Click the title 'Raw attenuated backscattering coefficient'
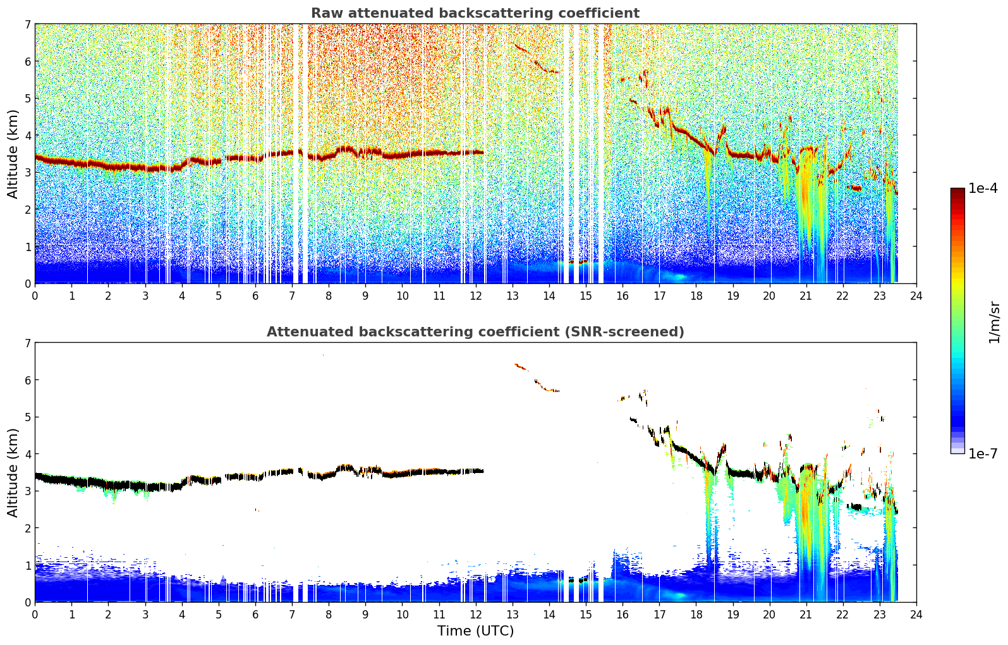[x=475, y=13]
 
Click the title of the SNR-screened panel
[x=475, y=331]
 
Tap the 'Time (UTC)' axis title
[x=475, y=630]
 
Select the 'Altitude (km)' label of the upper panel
[x=13, y=154]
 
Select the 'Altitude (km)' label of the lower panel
[x=13, y=472]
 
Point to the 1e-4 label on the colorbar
[x=983, y=188]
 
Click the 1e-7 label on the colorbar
[x=983, y=453]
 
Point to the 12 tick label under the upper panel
[x=476, y=295]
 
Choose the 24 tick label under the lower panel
[x=916, y=615]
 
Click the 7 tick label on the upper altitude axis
[x=27, y=24]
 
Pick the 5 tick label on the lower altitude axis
[x=27, y=417]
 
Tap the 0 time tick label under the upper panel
[x=35, y=295]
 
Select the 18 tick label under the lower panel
[x=696, y=615]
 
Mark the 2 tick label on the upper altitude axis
[x=27, y=209]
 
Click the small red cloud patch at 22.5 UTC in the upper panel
[x=854, y=188]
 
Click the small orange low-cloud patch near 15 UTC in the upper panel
[x=578, y=262]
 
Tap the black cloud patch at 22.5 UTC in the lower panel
[x=854, y=507]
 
